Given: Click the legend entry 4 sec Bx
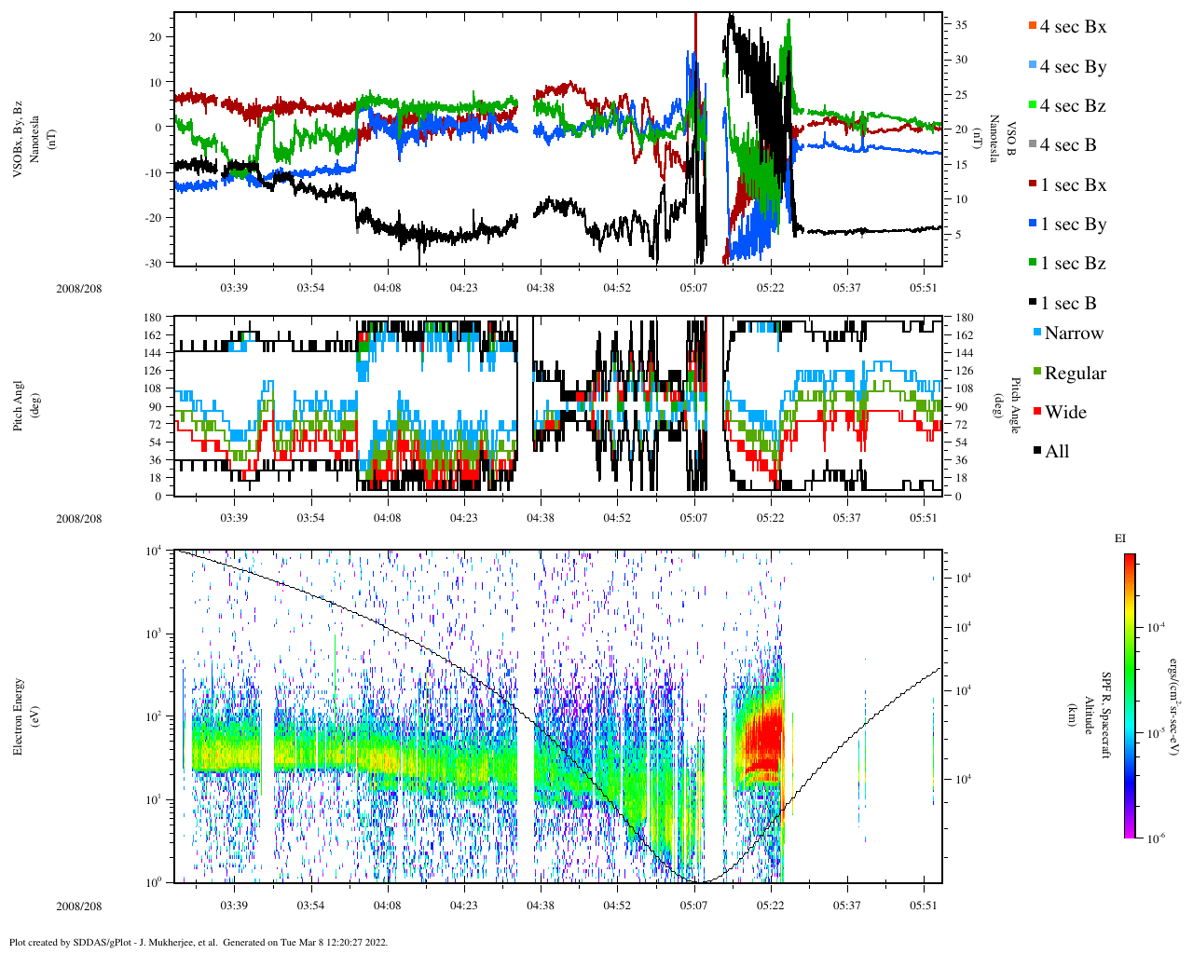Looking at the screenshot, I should coord(1072,27).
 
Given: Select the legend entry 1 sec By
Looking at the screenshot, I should coord(1072,225).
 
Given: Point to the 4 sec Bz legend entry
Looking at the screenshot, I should coord(1072,106).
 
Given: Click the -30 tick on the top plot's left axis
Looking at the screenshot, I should coord(153,263).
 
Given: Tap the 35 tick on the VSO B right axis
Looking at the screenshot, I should coord(961,25).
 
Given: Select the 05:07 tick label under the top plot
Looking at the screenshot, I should coord(693,288).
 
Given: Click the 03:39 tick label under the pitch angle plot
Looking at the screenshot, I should coord(234,518).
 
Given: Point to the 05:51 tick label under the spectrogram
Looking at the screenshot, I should coord(924,906).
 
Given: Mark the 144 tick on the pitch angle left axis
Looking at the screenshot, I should coord(152,353).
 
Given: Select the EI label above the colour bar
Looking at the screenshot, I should coord(1119,538).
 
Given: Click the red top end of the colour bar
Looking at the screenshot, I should coord(1130,559).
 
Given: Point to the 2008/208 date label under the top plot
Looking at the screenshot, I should coord(79,288).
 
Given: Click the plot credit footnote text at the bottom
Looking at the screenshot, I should coord(198,942).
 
